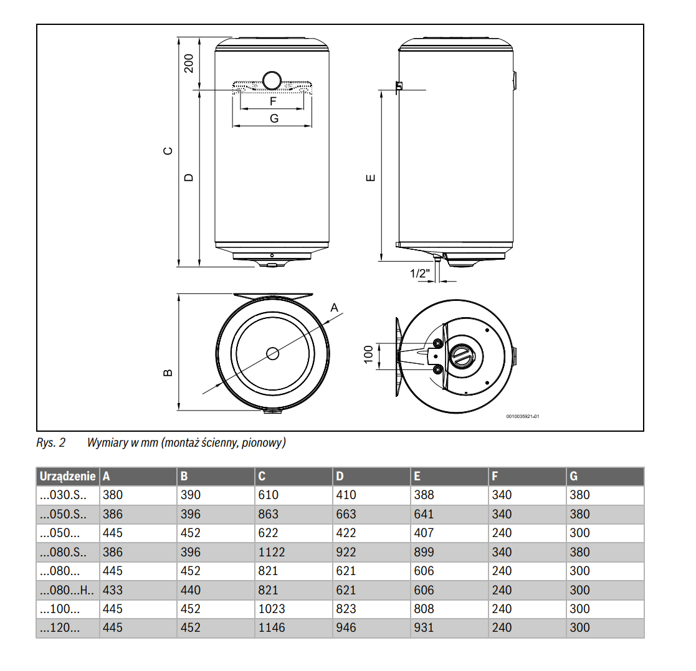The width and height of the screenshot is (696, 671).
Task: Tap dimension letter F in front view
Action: coord(272,100)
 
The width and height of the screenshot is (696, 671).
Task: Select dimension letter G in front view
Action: coord(273,118)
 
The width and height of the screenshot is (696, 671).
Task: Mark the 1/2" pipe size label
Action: coord(420,274)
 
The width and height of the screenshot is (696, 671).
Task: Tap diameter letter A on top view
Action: coord(334,307)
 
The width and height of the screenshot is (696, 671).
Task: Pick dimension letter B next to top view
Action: coord(167,373)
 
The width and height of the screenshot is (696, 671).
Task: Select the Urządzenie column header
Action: coord(67,477)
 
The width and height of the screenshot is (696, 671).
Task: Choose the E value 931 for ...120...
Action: coord(423,627)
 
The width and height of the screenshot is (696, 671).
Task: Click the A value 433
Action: coord(113,590)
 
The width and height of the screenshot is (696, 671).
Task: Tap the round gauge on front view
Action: coord(272,80)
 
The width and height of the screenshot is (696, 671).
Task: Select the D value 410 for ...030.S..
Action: coord(346,495)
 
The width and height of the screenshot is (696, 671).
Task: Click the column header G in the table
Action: coord(574,477)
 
